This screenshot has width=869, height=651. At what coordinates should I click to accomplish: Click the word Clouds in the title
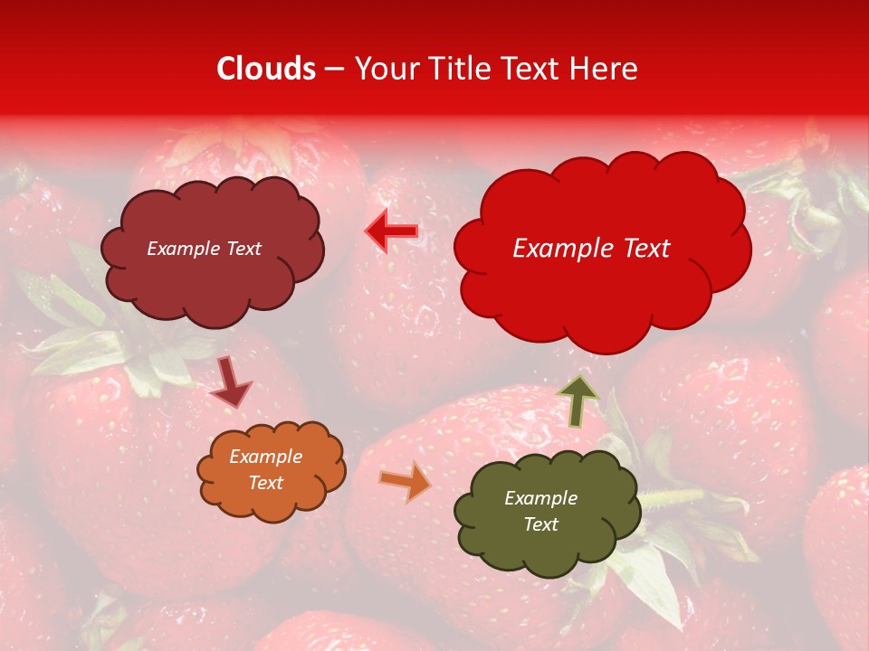[266, 69]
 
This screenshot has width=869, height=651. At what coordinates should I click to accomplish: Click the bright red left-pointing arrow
[391, 231]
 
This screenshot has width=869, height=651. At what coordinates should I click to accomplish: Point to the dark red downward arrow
[231, 383]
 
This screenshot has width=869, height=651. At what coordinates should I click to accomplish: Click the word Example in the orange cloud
[265, 457]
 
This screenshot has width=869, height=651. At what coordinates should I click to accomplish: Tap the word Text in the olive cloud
[541, 524]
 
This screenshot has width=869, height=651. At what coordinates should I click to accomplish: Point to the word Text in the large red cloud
[639, 249]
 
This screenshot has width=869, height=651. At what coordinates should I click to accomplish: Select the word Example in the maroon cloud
[183, 249]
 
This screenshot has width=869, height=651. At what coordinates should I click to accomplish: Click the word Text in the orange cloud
[266, 483]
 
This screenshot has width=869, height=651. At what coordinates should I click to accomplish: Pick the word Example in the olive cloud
[540, 498]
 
